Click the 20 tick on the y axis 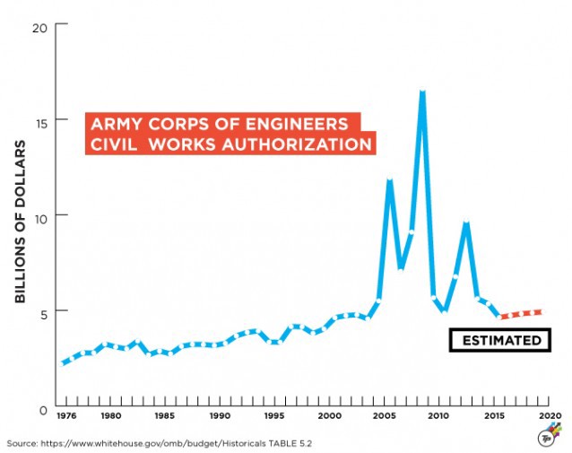tap(39, 25)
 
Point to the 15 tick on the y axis tap(39, 120)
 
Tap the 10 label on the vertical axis tap(39, 215)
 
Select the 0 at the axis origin tap(42, 409)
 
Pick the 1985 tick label tap(165, 416)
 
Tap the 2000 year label tap(330, 416)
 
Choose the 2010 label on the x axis tap(438, 416)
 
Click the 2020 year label tap(549, 416)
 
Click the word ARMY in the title tap(109, 123)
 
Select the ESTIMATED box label tap(501, 340)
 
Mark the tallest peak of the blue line tap(421, 92)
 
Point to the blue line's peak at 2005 tap(389, 181)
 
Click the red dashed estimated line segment tap(521, 313)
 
